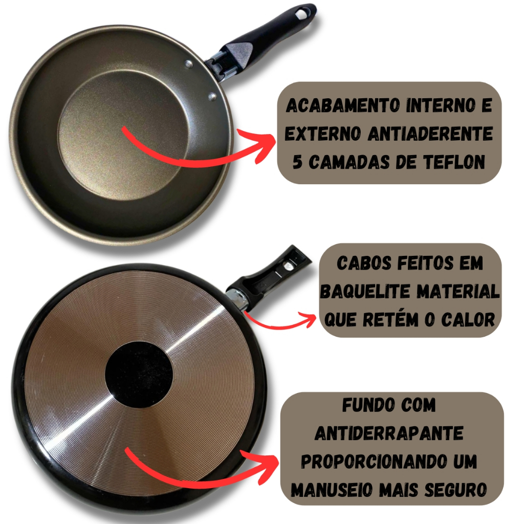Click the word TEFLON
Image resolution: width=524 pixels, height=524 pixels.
(x=454, y=162)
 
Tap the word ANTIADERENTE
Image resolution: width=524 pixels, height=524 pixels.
(x=430, y=134)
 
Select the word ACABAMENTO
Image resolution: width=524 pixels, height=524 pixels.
(x=343, y=105)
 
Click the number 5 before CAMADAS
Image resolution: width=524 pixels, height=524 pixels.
(x=297, y=162)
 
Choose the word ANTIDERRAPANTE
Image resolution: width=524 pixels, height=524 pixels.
(x=389, y=433)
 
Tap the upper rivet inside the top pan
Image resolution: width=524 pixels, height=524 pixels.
(x=189, y=63)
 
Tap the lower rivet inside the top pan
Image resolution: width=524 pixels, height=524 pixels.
(x=212, y=97)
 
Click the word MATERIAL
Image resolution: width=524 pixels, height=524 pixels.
(x=458, y=291)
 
